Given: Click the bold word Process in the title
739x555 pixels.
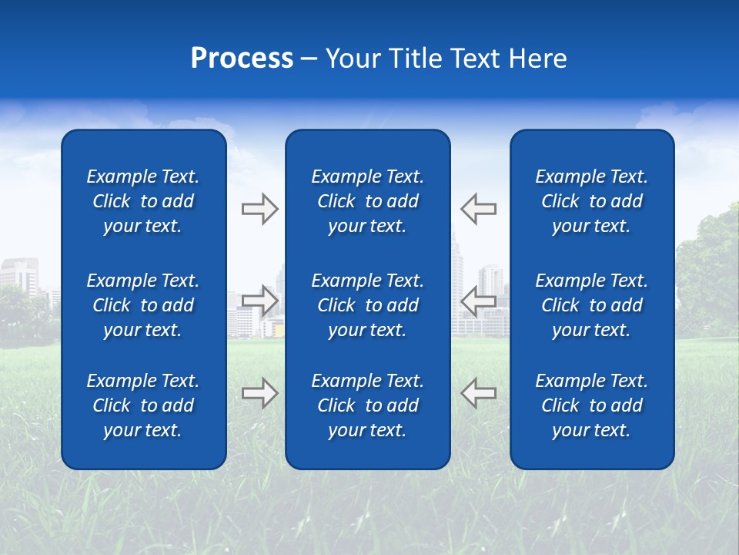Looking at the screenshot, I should pyautogui.click(x=242, y=59).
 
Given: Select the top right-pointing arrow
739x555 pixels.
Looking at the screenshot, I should pyautogui.click(x=259, y=209).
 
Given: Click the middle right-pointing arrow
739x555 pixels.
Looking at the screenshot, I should pyautogui.click(x=259, y=299).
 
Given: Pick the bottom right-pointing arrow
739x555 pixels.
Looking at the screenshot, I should pyautogui.click(x=259, y=393).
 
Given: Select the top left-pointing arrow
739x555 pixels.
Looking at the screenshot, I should pyautogui.click(x=478, y=209).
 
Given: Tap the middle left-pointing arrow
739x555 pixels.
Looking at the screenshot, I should pyautogui.click(x=478, y=301).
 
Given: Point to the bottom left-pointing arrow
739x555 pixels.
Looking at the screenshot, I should pyautogui.click(x=478, y=393).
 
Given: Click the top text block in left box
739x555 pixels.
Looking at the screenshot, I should pyautogui.click(x=143, y=201).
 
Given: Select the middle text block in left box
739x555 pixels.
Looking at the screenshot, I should pyautogui.click(x=143, y=305).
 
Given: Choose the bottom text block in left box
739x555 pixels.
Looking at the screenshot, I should pyautogui.click(x=143, y=405).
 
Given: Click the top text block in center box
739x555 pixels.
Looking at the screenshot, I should pyautogui.click(x=367, y=201).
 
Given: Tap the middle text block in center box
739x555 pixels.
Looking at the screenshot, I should pyautogui.click(x=367, y=305).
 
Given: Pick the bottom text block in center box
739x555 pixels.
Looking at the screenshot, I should pyautogui.click(x=367, y=405).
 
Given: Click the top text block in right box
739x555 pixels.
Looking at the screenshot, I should pyautogui.click(x=591, y=201).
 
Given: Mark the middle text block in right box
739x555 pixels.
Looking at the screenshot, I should pyautogui.click(x=591, y=305).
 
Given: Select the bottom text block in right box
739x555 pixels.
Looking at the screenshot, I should pyautogui.click(x=591, y=405).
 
